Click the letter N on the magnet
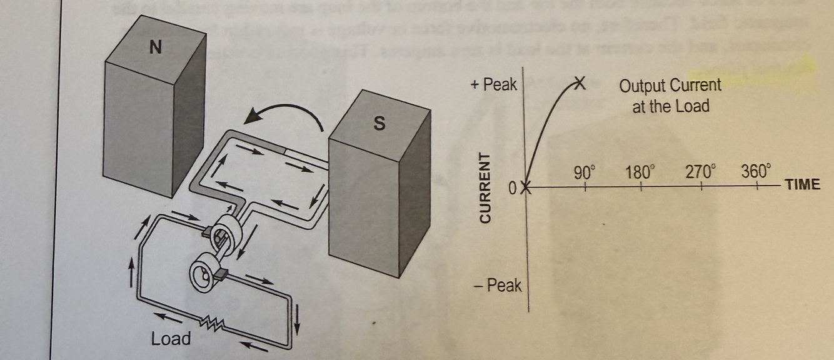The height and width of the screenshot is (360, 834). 156,47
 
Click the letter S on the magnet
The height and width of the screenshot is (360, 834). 379,123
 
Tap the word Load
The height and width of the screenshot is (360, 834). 171,339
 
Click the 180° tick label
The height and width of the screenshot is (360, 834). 640,172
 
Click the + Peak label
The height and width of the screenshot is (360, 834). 494,84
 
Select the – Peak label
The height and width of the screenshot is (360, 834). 498,286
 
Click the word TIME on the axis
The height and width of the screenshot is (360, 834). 802,184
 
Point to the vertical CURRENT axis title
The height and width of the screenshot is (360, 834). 485,187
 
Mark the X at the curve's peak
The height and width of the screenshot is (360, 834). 579,83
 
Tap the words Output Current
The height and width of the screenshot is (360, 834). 670,85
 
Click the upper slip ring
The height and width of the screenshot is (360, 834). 226,234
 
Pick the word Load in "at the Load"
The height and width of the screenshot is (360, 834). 693,106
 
